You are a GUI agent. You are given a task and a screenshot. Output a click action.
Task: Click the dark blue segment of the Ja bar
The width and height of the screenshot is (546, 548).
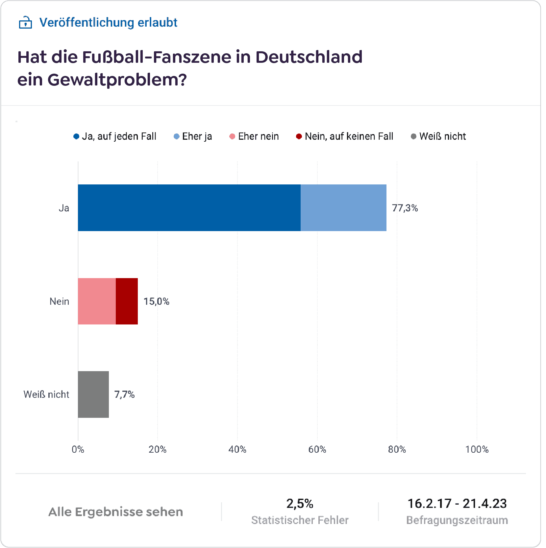click(189, 208)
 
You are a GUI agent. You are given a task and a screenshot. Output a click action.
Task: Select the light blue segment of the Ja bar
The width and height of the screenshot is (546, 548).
click(343, 208)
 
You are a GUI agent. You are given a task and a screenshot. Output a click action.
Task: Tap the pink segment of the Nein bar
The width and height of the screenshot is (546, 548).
click(97, 301)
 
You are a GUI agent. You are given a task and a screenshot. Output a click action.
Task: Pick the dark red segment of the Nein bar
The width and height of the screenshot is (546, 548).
click(127, 301)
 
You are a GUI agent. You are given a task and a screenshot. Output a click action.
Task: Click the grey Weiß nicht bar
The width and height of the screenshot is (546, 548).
click(93, 394)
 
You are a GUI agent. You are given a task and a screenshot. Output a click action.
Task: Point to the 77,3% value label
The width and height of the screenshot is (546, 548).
click(405, 208)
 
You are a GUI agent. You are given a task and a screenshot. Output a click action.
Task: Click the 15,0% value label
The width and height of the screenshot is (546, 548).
click(156, 301)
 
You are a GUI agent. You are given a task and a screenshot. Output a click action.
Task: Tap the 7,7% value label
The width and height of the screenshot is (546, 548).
click(124, 394)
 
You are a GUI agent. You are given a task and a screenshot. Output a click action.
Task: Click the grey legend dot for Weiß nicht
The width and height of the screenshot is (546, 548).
click(414, 136)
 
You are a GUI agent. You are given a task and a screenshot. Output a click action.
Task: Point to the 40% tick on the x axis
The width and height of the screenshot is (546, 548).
click(237, 449)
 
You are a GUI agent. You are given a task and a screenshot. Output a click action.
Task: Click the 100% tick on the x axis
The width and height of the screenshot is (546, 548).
click(477, 449)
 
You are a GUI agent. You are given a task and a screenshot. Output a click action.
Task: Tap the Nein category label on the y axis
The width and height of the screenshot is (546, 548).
click(59, 301)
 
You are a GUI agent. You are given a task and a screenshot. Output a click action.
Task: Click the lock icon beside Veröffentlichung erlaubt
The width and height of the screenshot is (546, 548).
click(25, 23)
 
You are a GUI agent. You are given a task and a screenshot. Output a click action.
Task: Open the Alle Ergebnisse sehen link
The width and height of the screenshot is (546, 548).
click(115, 512)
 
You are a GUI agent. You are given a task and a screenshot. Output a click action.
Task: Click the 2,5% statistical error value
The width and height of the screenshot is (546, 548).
click(300, 504)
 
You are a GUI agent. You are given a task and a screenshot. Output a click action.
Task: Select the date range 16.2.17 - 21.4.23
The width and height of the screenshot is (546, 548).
click(457, 504)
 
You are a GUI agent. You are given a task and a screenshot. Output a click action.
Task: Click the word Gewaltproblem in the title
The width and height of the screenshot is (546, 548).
click(117, 80)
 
